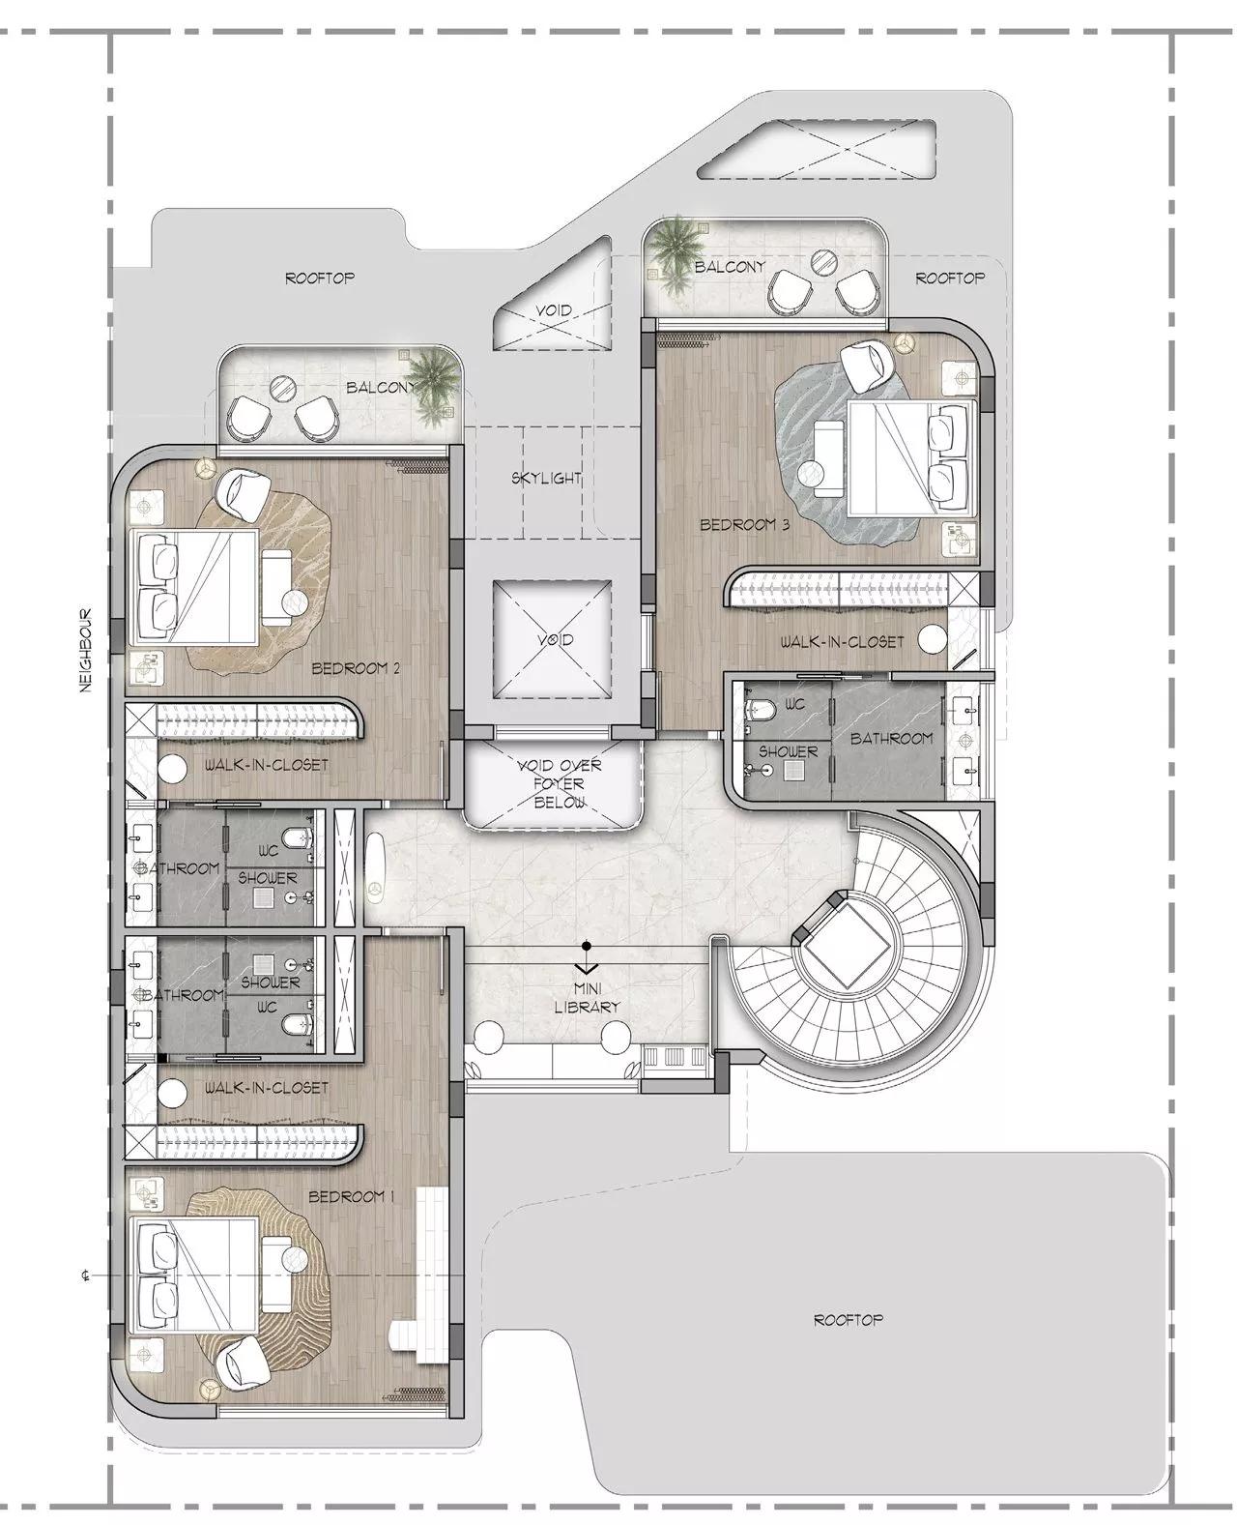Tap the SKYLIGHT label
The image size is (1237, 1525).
(546, 478)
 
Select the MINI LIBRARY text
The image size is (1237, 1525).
(587, 998)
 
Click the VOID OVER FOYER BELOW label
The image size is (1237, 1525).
(559, 783)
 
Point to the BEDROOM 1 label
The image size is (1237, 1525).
(352, 1197)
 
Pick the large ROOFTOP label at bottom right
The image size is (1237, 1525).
(848, 1319)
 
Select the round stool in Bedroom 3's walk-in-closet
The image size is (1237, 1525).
(932, 638)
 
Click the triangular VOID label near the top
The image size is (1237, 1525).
(554, 310)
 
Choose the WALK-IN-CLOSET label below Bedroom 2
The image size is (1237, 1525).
(267, 764)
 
